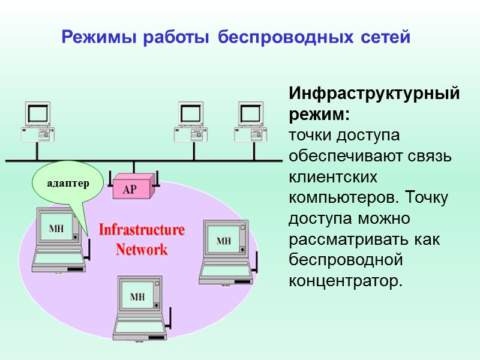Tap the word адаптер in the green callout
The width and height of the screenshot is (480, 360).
(x=68, y=183)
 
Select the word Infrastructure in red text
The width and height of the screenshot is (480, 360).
(x=142, y=230)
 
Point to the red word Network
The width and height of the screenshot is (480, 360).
(x=142, y=249)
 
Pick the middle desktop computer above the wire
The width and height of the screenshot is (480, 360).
(x=193, y=121)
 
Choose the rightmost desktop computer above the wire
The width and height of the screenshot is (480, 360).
(x=251, y=121)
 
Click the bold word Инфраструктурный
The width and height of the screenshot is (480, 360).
(x=374, y=95)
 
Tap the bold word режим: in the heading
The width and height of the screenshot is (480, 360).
(x=319, y=114)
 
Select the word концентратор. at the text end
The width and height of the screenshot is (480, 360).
(x=343, y=280)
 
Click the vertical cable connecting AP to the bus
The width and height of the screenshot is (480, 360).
(x=133, y=167)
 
